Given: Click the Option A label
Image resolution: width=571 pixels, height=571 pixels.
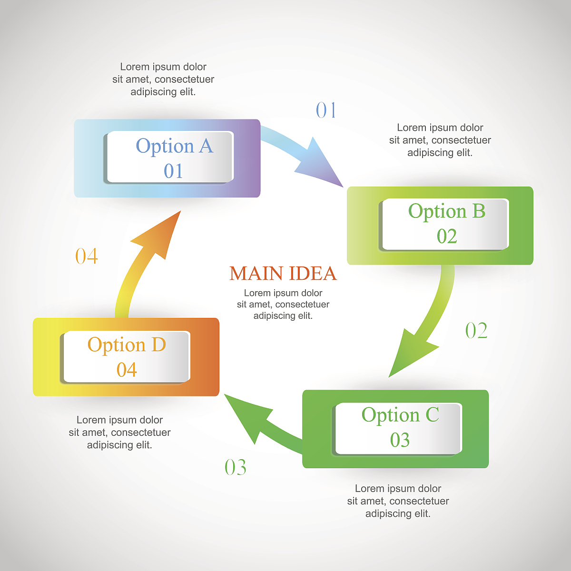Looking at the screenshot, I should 174,146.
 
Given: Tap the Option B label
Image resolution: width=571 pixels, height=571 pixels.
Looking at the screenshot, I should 447,211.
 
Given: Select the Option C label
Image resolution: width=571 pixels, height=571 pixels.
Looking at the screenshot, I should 400,415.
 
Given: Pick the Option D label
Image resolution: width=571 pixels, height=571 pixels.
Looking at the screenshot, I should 127,345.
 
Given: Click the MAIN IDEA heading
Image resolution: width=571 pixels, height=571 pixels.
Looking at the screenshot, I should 283,273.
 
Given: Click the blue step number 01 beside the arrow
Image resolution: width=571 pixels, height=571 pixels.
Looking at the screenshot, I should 326,110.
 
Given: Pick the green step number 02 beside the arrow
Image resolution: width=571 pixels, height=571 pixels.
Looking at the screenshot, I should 476,331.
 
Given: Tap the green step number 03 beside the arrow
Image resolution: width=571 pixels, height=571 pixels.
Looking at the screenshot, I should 236,467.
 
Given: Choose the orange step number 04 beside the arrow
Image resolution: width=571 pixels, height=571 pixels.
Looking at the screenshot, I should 87,256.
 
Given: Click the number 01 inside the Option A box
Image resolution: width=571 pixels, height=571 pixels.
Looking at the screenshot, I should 173,171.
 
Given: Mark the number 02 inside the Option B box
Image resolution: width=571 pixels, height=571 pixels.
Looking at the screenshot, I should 447,236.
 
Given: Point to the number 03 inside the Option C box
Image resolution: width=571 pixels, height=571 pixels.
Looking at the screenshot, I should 400,440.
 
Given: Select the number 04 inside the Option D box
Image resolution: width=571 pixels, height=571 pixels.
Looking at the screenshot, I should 127,370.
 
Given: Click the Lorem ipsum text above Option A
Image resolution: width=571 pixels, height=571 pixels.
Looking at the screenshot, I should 163,79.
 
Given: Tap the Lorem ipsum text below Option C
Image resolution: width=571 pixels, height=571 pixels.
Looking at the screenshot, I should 398,501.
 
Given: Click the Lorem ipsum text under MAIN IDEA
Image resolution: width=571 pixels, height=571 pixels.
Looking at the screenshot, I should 283,304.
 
